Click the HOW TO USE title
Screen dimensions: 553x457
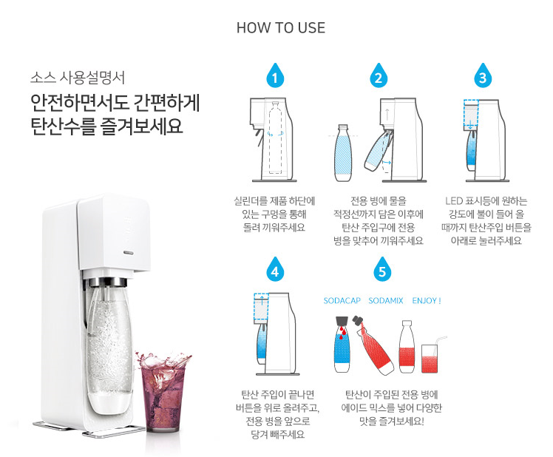coord(281,28)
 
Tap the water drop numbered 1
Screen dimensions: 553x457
coord(275,75)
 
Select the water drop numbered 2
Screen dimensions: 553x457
coord(379,75)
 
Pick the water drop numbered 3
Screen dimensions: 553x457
coord(483,75)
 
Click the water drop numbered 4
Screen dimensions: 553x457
coord(275,270)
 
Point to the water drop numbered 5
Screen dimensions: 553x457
coord(382,270)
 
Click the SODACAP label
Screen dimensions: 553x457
coord(342,301)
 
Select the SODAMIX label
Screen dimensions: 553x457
coord(385,301)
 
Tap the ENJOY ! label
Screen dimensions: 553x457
coord(427,301)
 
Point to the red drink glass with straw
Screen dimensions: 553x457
coord(431,356)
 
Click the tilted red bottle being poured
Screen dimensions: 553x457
coord(374,346)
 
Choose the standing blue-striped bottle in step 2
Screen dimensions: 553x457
coord(343,153)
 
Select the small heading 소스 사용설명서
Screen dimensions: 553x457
coord(78,78)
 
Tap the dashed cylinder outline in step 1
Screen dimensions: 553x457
coord(276,138)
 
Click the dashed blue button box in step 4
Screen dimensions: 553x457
coord(261,307)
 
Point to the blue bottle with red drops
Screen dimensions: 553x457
coord(342,344)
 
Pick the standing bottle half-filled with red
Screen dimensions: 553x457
coord(407,347)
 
